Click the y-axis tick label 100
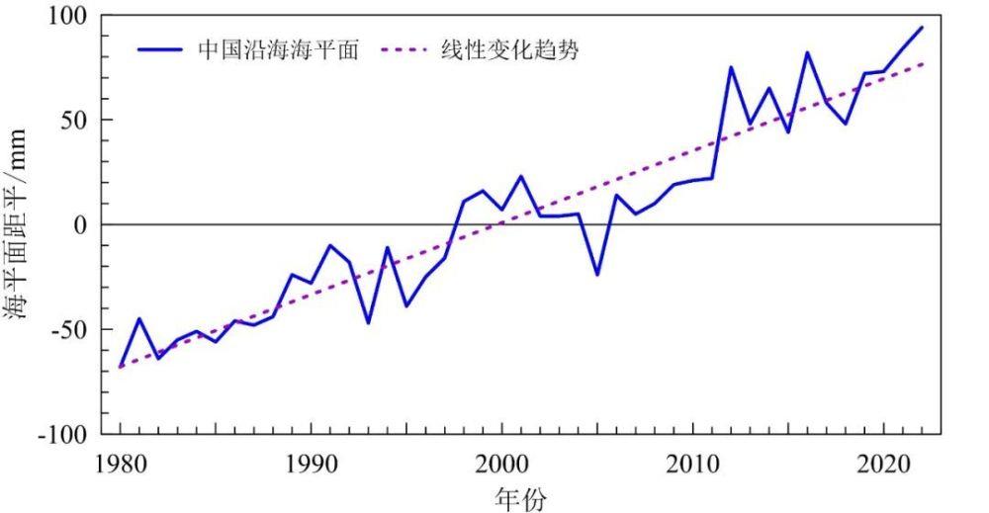click(68, 17)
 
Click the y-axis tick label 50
click(74, 121)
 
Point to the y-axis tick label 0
click(81, 225)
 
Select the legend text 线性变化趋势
click(509, 49)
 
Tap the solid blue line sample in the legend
click(160, 49)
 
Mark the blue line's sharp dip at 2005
click(597, 275)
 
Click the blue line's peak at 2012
click(731, 67)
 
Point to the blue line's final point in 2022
click(922, 28)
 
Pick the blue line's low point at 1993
click(368, 323)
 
